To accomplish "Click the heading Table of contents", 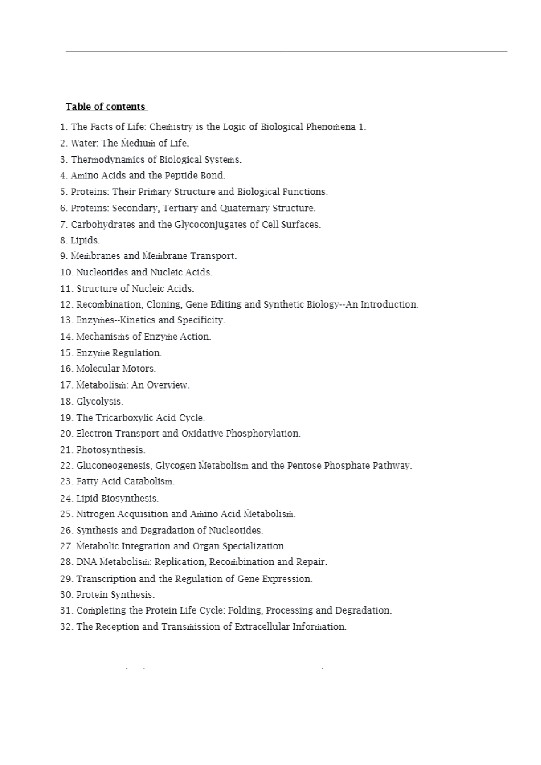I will (105, 106).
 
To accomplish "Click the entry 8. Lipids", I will (80, 240).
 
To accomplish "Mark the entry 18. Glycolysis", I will (92, 401).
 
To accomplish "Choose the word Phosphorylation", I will (263, 433).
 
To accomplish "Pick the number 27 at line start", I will (66, 546).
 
